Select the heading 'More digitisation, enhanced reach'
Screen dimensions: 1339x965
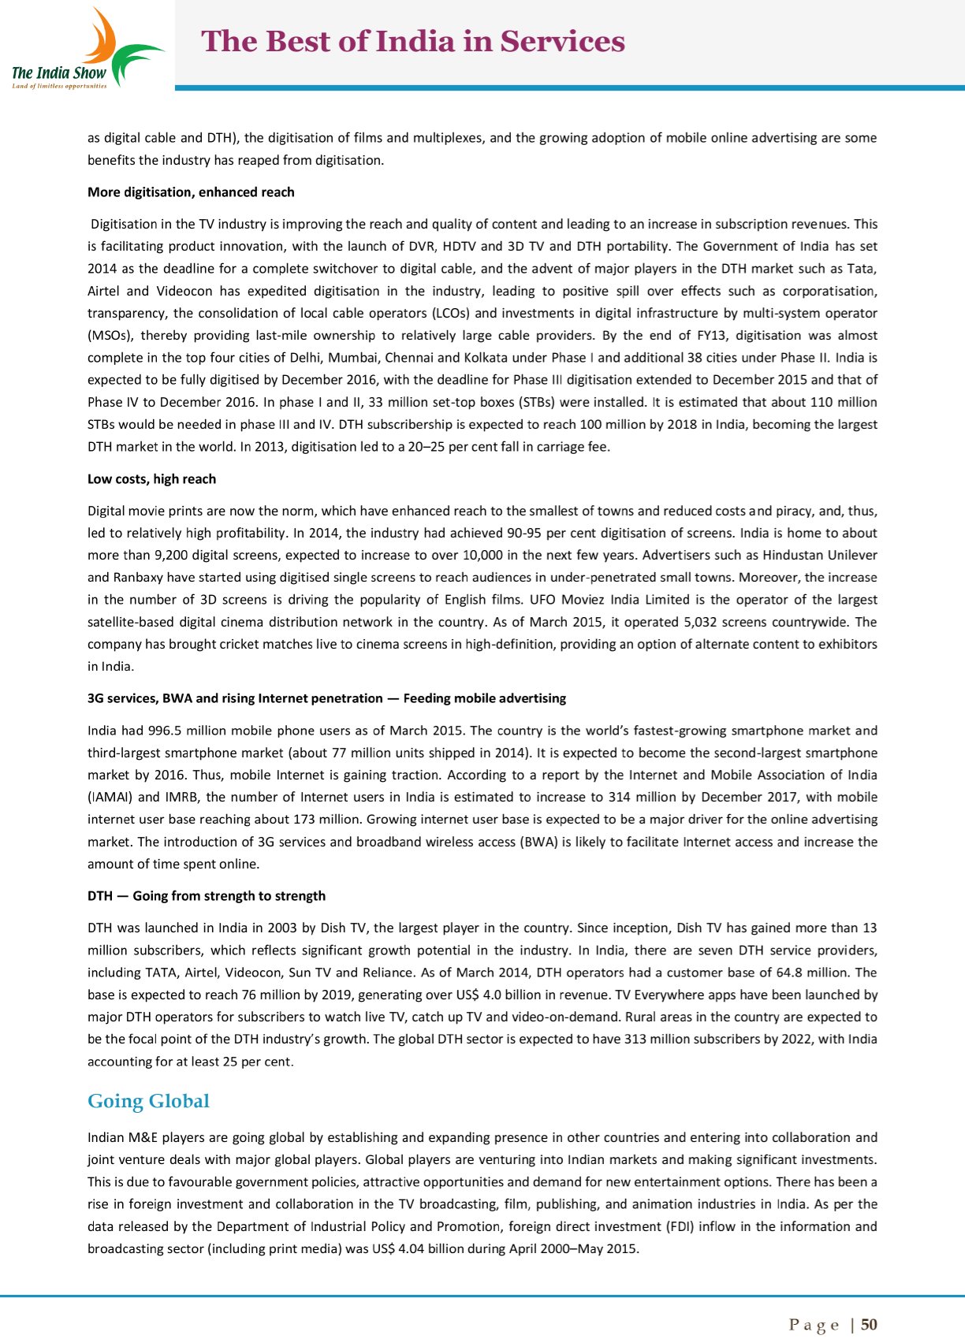pos(191,192)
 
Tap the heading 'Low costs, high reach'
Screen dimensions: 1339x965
pos(151,479)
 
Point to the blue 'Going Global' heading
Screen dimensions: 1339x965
pos(148,1101)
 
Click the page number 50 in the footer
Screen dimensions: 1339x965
pos(869,1325)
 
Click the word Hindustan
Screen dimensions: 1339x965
pos(795,556)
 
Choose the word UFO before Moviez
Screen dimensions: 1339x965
pos(543,600)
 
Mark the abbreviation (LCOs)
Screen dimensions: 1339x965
pos(451,313)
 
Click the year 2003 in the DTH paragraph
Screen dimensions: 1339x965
pos(282,928)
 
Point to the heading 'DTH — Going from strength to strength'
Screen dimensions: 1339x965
pos(206,896)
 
